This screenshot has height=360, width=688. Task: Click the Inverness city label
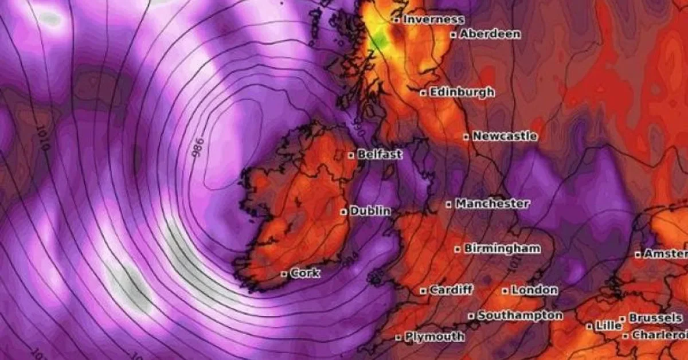point(433,19)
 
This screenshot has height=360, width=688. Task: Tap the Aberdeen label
point(490,34)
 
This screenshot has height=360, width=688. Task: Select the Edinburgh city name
point(462,92)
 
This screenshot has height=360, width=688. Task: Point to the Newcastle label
point(505,136)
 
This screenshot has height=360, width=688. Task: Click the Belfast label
point(380,154)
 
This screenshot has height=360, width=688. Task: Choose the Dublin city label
point(370,211)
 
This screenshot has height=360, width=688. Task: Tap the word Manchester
point(492,204)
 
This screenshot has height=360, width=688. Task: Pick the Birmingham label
point(502,249)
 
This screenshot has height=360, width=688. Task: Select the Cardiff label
point(451,290)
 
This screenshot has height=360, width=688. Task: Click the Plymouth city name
point(435,336)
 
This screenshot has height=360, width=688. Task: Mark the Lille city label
point(608,326)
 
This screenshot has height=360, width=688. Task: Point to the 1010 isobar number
point(41,138)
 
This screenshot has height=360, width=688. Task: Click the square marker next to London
point(505,291)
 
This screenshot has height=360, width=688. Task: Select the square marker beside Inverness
point(396,19)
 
